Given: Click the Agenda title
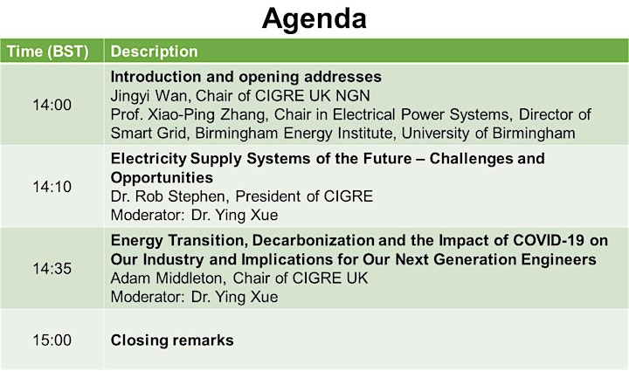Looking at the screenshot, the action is point(314,19).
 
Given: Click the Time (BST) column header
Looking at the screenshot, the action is point(47,52).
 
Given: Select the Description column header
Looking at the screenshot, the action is point(154,52).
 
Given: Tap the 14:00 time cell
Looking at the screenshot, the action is point(52,105).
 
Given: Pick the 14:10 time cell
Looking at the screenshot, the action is point(52,187).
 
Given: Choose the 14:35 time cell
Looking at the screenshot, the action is point(52,269).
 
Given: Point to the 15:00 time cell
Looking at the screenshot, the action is point(52,340).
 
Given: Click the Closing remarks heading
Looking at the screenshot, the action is point(172,340).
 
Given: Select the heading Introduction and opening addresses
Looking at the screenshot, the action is point(245,77).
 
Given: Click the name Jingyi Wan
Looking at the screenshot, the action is point(149,96).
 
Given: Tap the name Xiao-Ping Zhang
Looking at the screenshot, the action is point(206,114).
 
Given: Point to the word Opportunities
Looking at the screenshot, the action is point(162,177).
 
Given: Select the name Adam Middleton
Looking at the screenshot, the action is point(166,278).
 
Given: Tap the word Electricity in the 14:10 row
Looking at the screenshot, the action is point(149,159).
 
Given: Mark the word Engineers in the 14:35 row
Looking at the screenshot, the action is point(558,259).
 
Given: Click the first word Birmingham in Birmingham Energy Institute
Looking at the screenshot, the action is point(236,133).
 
